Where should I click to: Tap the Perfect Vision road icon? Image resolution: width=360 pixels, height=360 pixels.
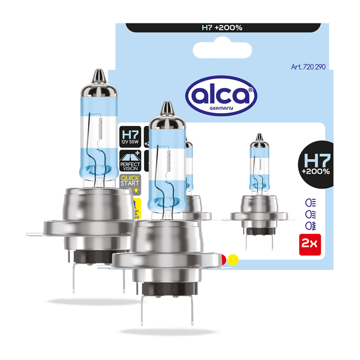point(130,160)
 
